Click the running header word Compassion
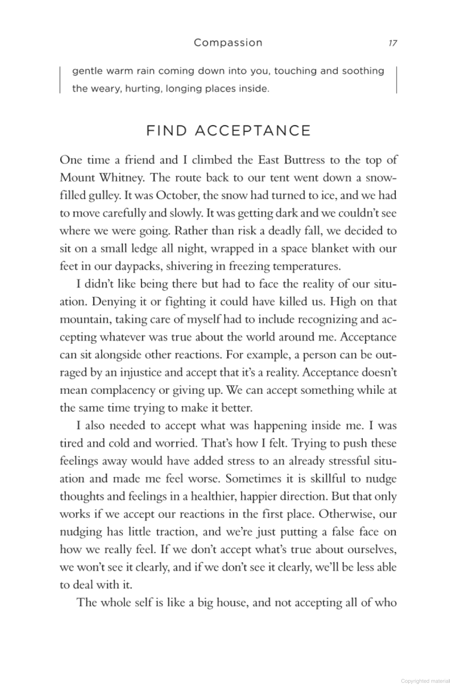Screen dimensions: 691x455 (228, 43)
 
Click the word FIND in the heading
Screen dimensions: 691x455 (167, 131)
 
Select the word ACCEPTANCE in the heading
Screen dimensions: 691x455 (253, 131)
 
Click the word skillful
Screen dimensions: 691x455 (328, 479)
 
